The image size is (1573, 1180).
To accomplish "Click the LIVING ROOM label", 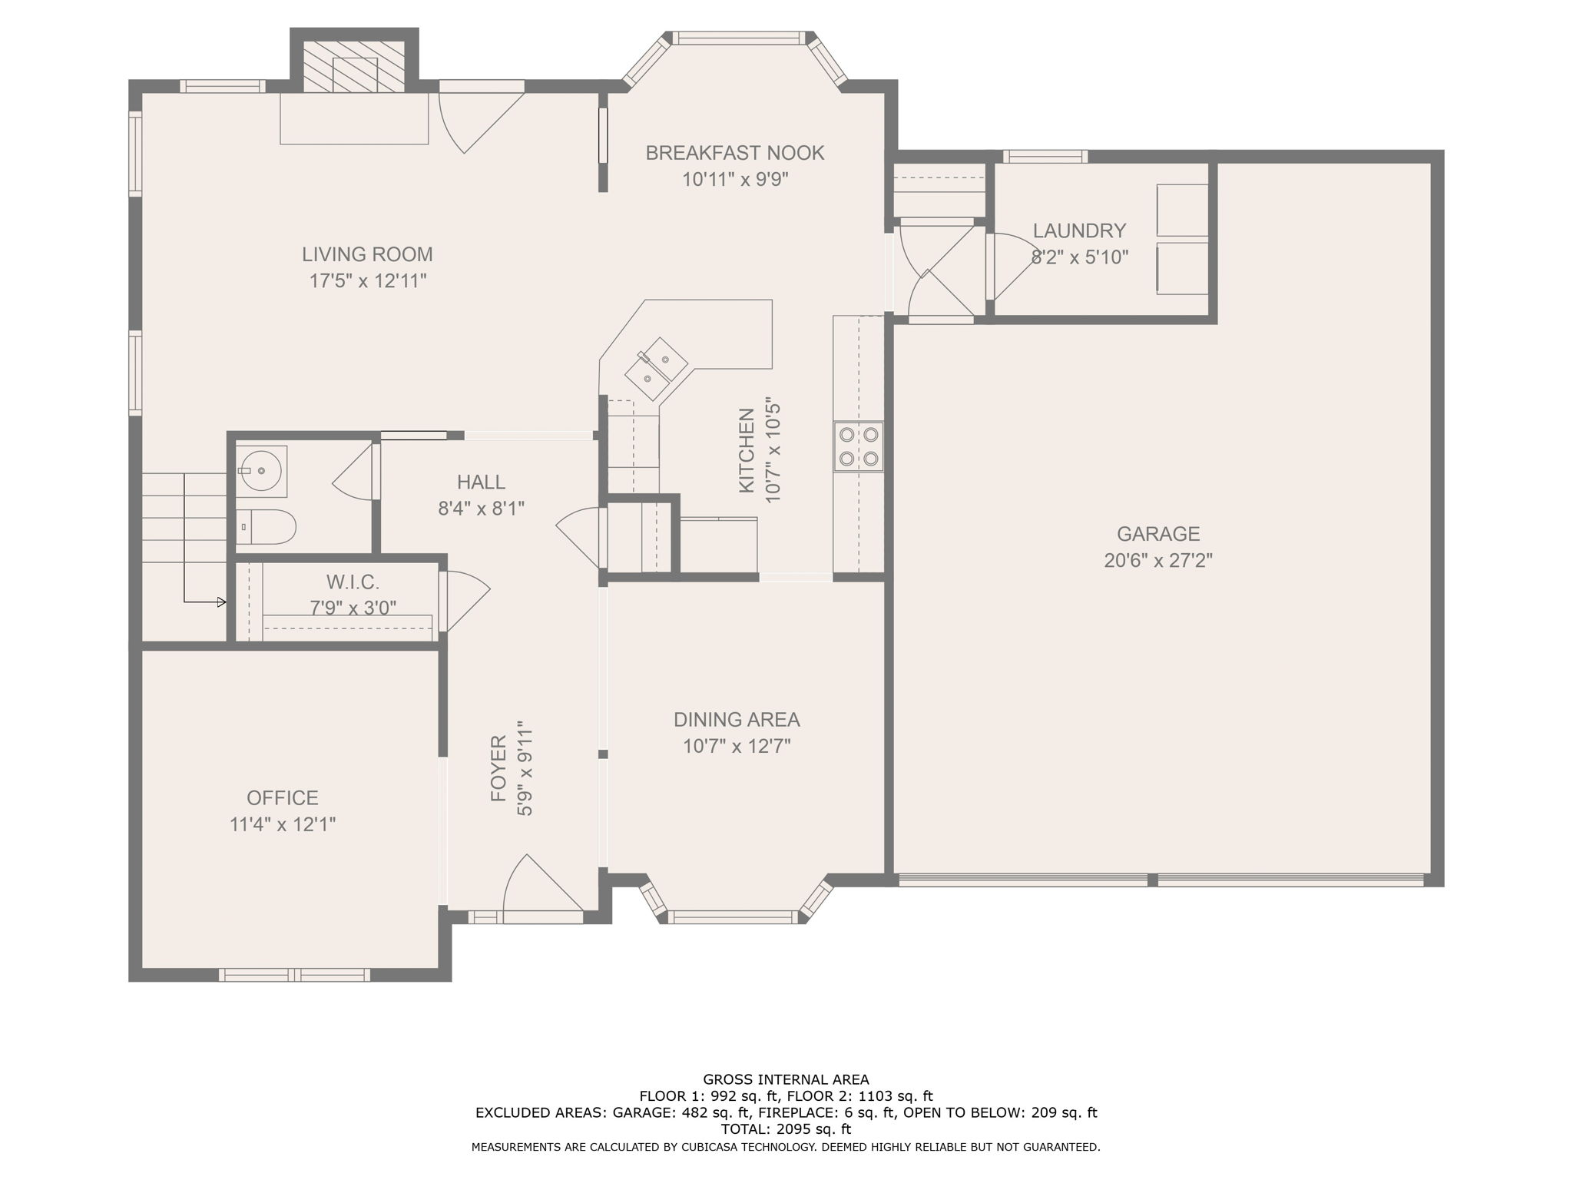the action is [367, 254].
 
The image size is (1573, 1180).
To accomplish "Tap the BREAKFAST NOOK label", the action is [735, 153].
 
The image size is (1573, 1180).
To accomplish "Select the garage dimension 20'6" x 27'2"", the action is [1158, 560].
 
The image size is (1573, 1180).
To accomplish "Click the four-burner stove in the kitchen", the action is [859, 446].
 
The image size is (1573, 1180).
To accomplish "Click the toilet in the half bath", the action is [265, 526].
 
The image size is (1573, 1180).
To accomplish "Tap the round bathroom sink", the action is [261, 469].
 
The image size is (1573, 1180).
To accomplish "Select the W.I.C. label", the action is [353, 582].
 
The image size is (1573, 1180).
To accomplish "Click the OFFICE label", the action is [283, 798].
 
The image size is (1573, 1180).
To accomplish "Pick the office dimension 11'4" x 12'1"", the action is [283, 824].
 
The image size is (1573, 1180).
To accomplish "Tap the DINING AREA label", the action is [737, 720].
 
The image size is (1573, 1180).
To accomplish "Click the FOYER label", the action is [499, 768].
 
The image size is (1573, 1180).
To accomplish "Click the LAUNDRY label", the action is [1079, 230].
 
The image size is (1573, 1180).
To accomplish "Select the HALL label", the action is [482, 482].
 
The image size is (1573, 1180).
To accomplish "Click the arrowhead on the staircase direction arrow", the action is [222, 602].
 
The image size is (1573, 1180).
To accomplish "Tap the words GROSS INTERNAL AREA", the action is [786, 1079].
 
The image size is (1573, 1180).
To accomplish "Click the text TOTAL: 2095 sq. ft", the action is [786, 1129].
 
